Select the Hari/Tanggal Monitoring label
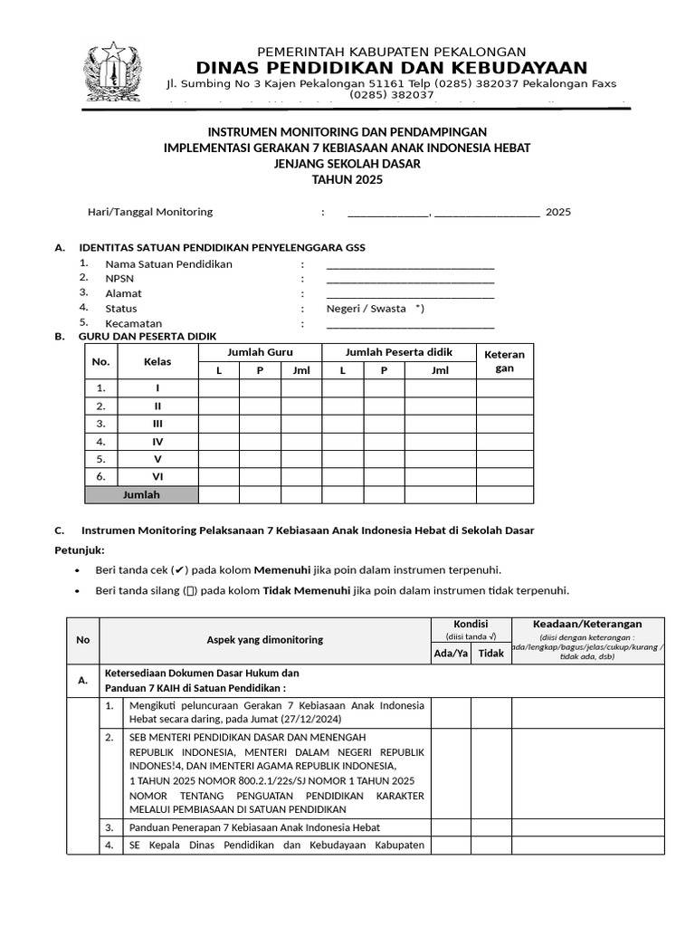(x=149, y=212)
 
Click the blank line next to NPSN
(x=410, y=279)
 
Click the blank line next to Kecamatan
(x=410, y=323)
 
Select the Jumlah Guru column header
(x=260, y=352)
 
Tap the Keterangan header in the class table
(x=504, y=361)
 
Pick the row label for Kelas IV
(x=157, y=442)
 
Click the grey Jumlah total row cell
(x=141, y=494)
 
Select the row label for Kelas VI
(x=157, y=476)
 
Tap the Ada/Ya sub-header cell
(x=451, y=653)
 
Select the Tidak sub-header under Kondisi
(x=490, y=653)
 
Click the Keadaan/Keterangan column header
(x=587, y=624)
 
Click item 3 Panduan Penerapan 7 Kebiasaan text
(x=254, y=827)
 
